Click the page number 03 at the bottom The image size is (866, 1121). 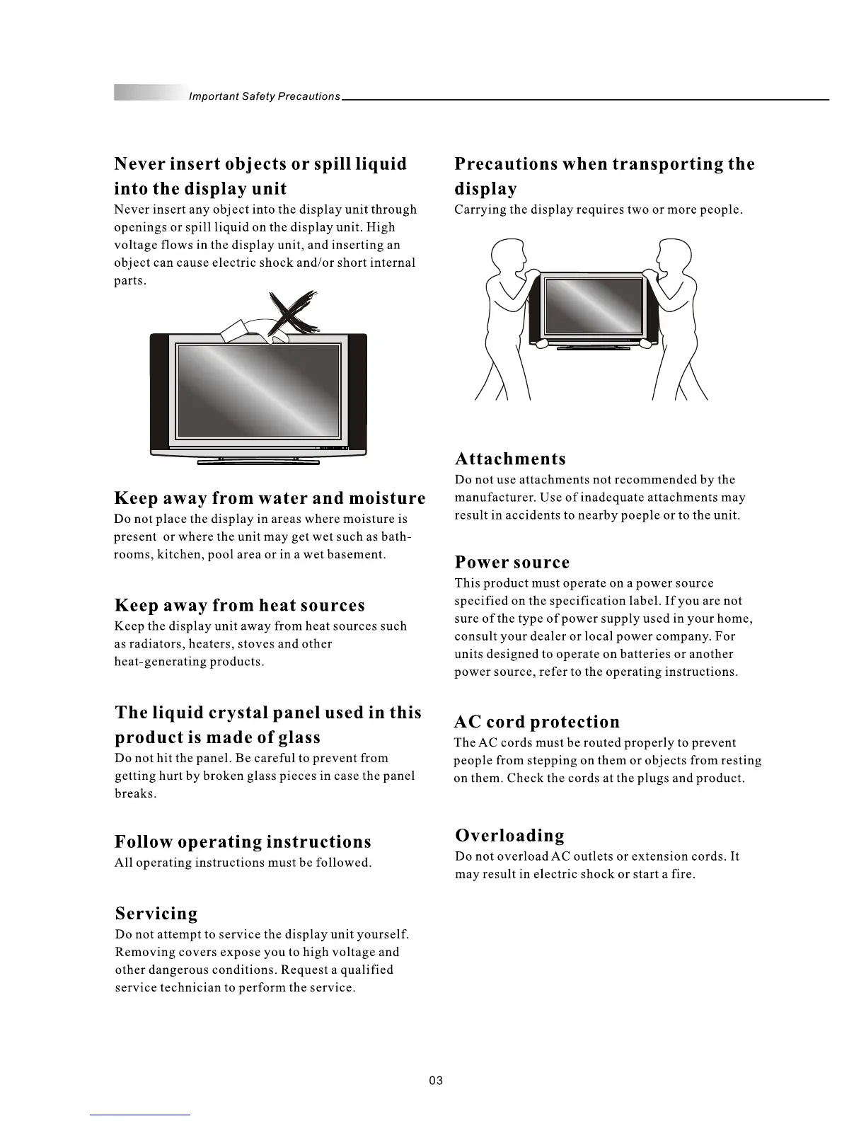(x=435, y=1081)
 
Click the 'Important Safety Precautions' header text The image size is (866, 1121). (x=264, y=96)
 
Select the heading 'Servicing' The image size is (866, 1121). (x=156, y=914)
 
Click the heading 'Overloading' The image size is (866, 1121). (x=509, y=836)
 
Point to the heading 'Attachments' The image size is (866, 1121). (x=510, y=459)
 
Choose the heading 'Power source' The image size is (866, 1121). (x=512, y=563)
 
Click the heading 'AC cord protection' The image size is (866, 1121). (x=536, y=722)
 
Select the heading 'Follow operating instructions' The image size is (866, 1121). (x=243, y=842)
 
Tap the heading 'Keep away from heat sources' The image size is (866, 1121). (x=240, y=606)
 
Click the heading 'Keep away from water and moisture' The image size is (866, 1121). (x=270, y=499)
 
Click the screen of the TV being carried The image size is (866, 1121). (x=590, y=309)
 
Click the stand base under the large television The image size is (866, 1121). (x=258, y=463)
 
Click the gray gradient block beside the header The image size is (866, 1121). (x=148, y=93)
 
